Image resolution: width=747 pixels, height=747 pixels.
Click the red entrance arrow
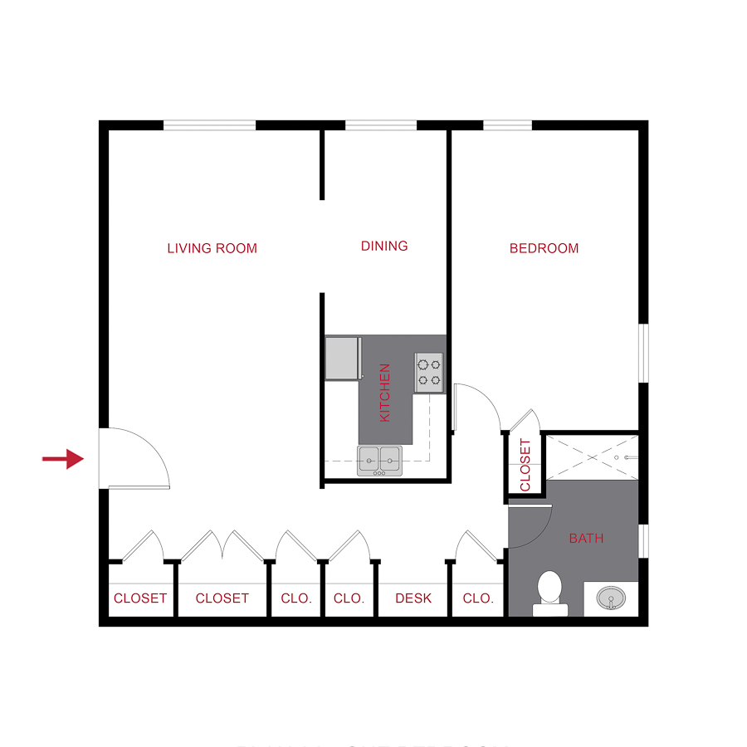(63, 457)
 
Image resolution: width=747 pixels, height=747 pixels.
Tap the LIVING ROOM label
(212, 248)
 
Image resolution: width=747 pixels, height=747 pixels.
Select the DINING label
(384, 246)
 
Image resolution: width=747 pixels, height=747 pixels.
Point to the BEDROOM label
(544, 248)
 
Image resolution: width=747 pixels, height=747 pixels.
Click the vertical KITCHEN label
(385, 393)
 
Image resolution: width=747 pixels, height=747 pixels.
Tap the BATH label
(586, 539)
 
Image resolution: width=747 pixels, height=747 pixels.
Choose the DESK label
(413, 598)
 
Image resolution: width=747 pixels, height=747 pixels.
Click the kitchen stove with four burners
(429, 372)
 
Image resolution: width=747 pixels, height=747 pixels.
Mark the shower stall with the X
(590, 456)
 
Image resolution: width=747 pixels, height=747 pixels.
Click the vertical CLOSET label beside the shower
(525, 465)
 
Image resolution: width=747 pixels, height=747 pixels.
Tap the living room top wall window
(209, 125)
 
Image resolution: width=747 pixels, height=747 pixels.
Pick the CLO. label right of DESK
(478, 598)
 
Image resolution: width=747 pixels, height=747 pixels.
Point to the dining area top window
(381, 125)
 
